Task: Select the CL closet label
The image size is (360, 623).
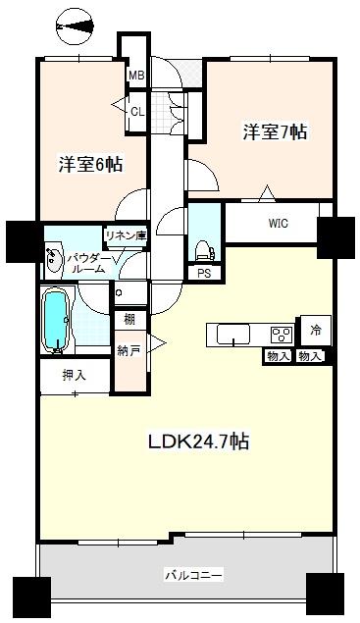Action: pos(137,111)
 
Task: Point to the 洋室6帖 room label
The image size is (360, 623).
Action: pos(89,165)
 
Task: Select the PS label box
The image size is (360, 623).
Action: pos(203,274)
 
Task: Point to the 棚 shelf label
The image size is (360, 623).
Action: pos(129,319)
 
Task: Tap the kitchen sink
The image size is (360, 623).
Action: pos(232,335)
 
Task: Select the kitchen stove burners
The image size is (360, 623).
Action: pos(281,335)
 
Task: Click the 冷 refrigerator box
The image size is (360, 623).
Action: pos(317,331)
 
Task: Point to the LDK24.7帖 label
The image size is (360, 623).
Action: pos(198,441)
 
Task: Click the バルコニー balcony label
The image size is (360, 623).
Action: pos(192,573)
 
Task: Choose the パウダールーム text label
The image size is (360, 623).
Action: pos(86,263)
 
